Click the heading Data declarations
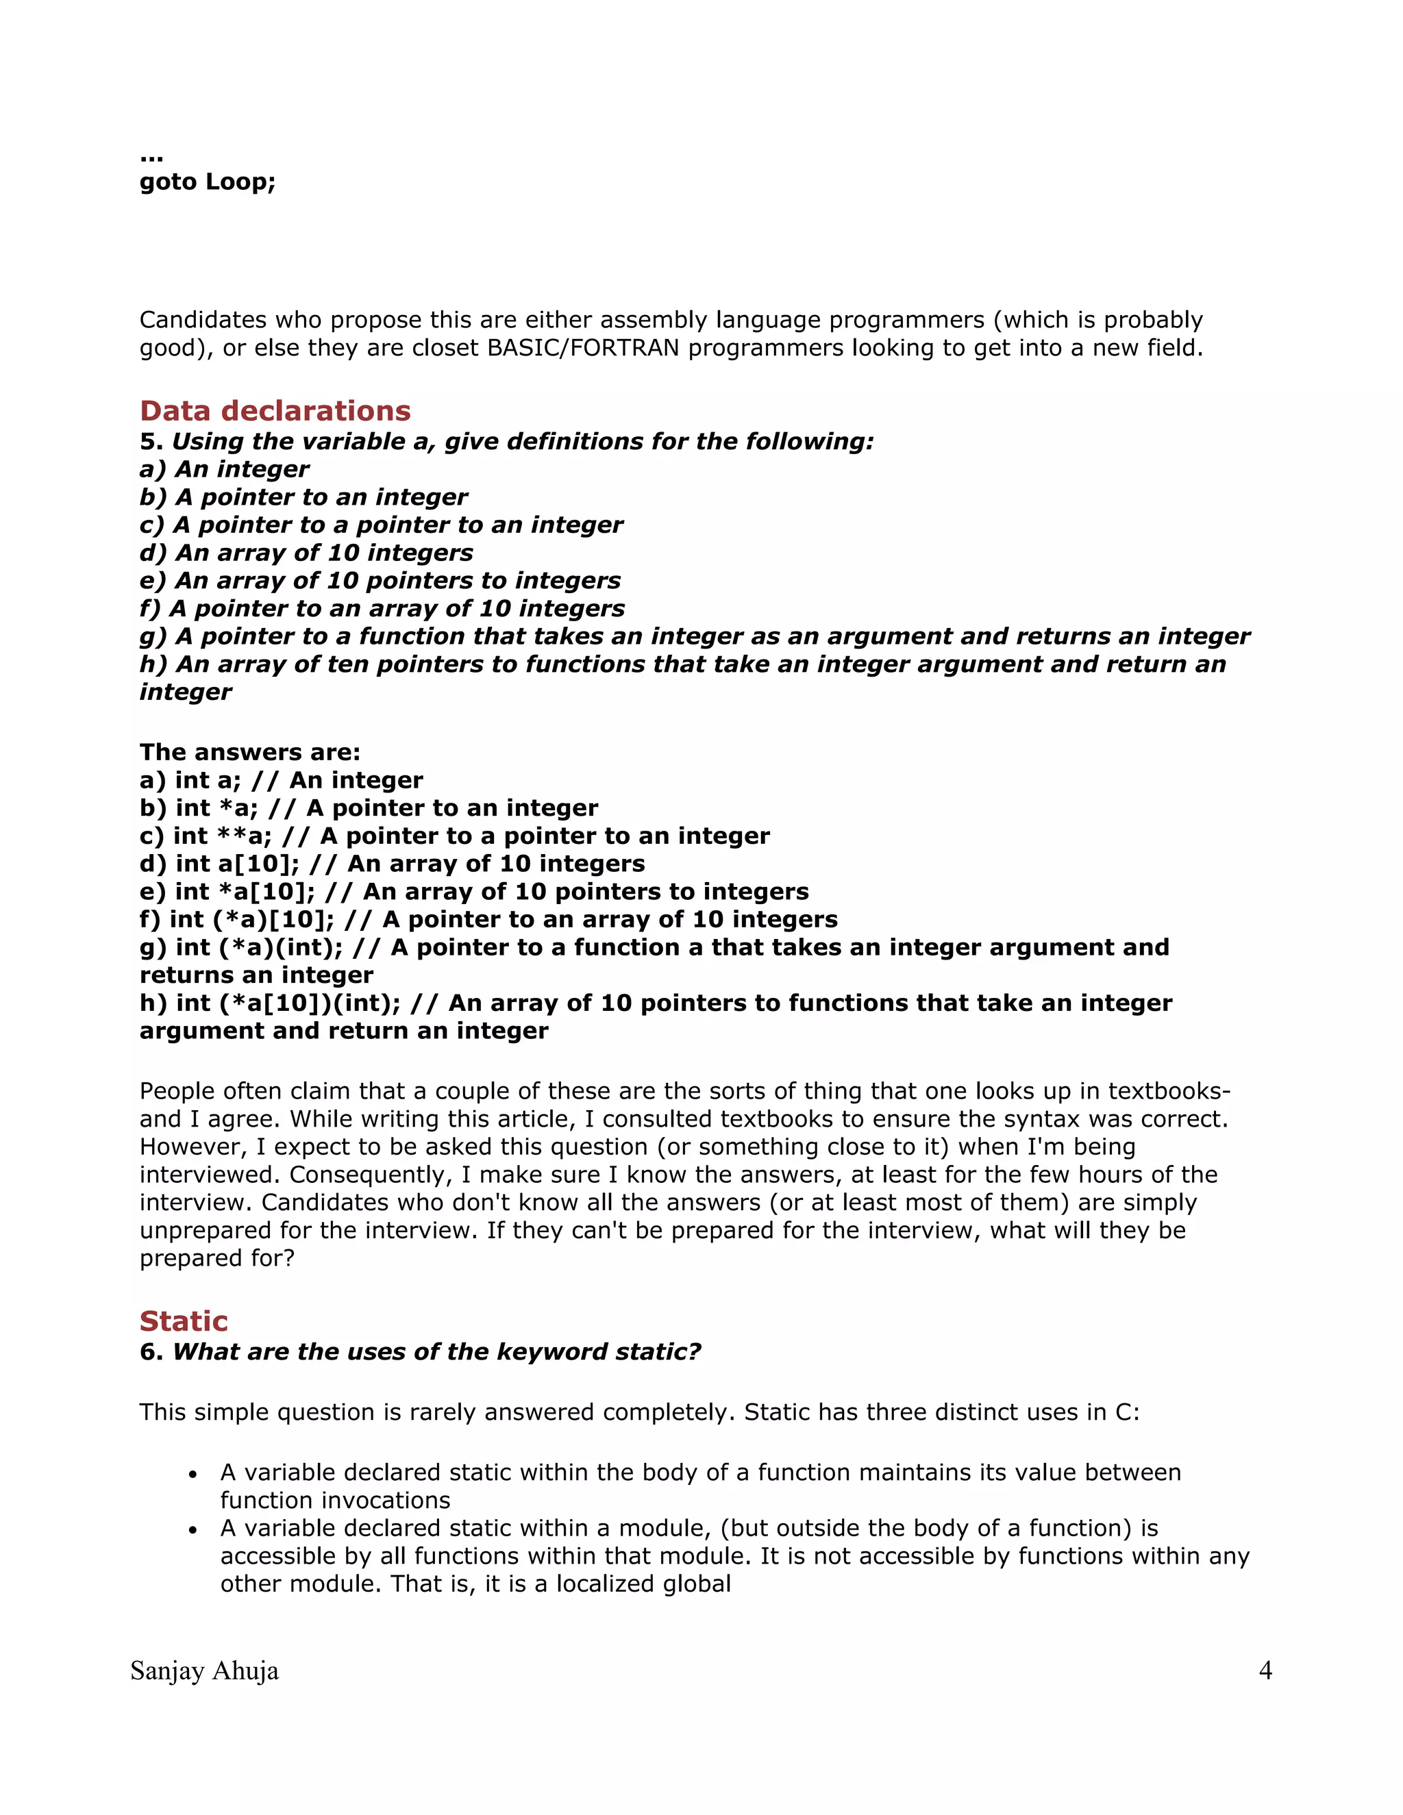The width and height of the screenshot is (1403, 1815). tap(275, 410)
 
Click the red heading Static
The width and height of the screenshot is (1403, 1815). tap(184, 1320)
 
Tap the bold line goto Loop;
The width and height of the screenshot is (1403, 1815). tap(207, 181)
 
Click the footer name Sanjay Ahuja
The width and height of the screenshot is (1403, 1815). tap(204, 1670)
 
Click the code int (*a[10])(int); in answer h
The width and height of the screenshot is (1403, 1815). tap(288, 1003)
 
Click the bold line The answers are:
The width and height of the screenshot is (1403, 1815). tap(250, 752)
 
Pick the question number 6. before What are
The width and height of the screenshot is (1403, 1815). tap(151, 1352)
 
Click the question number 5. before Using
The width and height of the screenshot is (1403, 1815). tap(151, 441)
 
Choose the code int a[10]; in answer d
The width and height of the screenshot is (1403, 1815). tap(238, 864)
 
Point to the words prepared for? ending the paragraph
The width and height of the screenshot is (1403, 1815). tap(217, 1258)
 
